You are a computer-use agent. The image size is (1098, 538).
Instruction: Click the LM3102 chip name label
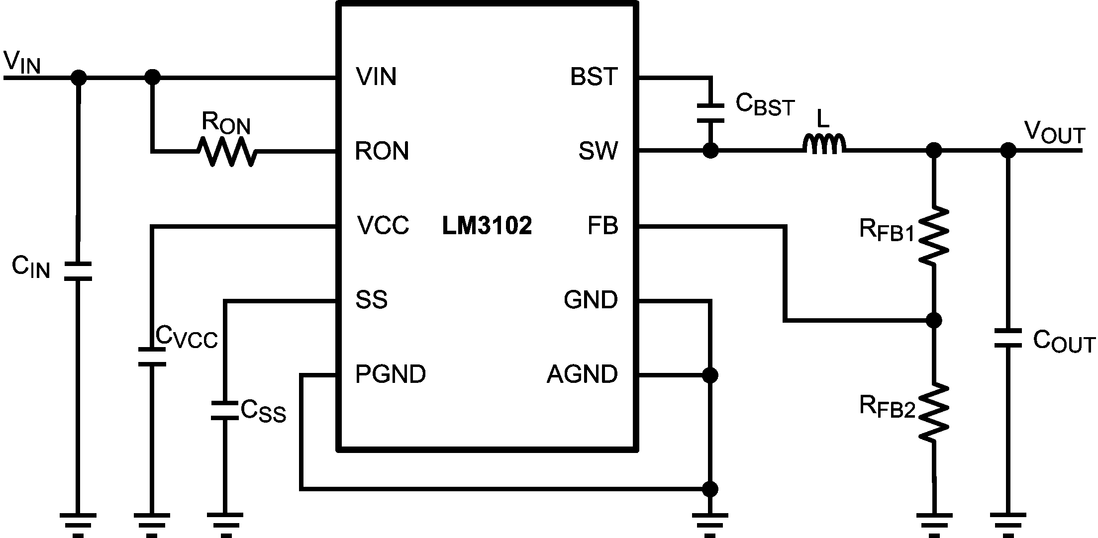tap(487, 226)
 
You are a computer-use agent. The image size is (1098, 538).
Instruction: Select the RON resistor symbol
tap(227, 151)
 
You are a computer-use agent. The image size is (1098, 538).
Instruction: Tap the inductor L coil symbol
tap(824, 144)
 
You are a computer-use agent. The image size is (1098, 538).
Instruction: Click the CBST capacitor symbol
tap(710, 113)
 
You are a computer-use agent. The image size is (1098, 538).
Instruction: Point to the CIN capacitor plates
tap(78, 271)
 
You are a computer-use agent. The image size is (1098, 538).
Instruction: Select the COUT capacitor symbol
tap(1007, 339)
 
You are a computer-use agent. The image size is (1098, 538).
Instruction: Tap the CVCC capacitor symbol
tap(152, 357)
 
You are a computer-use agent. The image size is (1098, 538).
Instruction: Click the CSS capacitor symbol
tap(225, 410)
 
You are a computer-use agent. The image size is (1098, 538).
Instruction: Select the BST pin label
tap(594, 77)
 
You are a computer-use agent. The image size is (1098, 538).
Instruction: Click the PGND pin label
tap(391, 374)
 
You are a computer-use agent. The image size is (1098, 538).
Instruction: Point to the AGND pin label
tap(582, 374)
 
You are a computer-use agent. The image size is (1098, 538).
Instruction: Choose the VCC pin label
tap(383, 225)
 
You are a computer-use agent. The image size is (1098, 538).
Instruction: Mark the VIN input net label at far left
tap(22, 63)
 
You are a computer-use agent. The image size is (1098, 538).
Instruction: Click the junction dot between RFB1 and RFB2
tap(934, 321)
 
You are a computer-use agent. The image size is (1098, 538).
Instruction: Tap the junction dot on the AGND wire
tap(710, 375)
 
